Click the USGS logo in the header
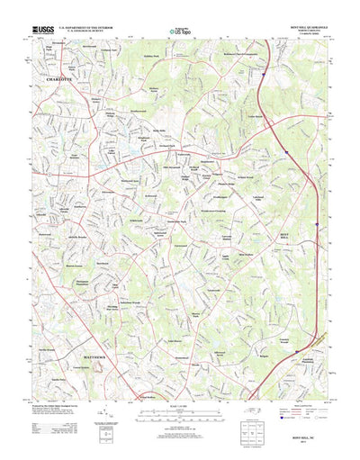point(42,29)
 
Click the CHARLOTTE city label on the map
point(59,80)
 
